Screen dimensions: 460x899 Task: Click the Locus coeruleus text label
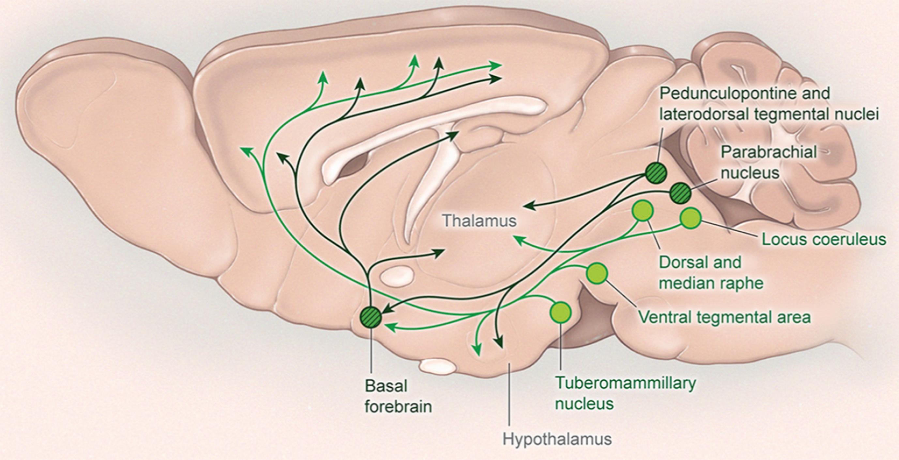pos(824,239)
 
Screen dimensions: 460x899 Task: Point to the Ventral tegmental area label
pos(724,317)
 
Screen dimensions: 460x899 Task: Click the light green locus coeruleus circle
pos(691,218)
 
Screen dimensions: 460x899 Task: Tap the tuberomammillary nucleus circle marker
pos(560,312)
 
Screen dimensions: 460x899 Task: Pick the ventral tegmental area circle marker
pos(596,274)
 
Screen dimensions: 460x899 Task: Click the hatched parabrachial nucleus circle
pos(680,193)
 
